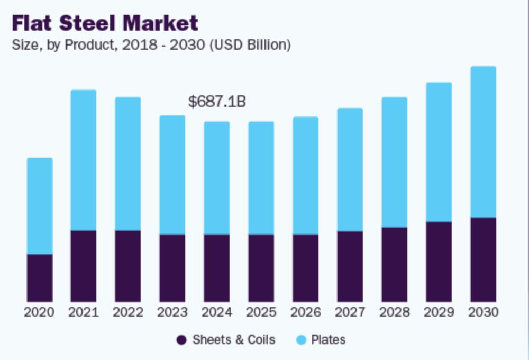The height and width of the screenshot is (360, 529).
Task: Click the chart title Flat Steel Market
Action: click(105, 23)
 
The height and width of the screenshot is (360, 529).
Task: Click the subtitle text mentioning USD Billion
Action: click(151, 46)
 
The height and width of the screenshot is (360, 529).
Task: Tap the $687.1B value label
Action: click(217, 102)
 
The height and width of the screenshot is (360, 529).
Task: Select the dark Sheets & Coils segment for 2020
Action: click(40, 278)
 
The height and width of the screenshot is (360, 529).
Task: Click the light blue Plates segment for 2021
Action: click(84, 160)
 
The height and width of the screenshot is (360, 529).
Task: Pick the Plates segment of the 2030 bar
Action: click(483, 141)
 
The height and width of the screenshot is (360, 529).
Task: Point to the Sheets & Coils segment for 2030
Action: click(483, 259)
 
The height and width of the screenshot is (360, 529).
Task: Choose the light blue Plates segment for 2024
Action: click(217, 178)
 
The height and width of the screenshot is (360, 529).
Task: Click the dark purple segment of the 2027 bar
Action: click(350, 266)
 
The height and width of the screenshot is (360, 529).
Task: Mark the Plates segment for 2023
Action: click(172, 175)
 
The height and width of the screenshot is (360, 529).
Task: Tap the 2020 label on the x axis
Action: click(40, 312)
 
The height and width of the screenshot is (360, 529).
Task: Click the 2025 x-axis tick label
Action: click(261, 312)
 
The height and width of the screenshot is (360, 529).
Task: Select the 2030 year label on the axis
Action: click(483, 312)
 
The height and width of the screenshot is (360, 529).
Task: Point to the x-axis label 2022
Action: click(128, 312)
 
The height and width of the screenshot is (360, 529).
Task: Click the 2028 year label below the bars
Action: click(394, 312)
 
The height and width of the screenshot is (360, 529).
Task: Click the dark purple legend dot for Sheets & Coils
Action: click(181, 340)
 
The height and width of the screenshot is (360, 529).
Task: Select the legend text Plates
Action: click(328, 340)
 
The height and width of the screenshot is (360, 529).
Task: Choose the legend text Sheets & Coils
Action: click(234, 340)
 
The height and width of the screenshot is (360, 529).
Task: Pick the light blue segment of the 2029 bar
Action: click(439, 152)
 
